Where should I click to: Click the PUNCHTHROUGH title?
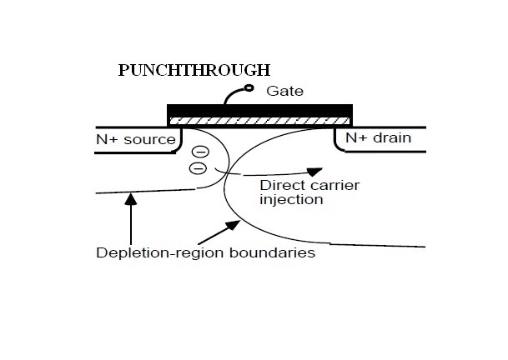coord(194,70)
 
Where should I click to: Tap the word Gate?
coord(284,91)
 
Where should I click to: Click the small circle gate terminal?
coord(249,87)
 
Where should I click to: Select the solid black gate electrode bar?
coord(259,111)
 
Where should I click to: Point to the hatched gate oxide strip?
coord(259,121)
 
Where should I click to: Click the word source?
coord(149,140)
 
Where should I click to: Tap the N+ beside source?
coord(107,139)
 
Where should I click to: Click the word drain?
coord(392,137)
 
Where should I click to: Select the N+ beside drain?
coord(356,137)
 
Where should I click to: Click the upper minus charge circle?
coord(200,152)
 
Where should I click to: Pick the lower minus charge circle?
coord(198,168)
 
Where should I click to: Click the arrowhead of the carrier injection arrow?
coord(314,172)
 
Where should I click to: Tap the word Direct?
coord(282,186)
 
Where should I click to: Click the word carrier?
coord(334,186)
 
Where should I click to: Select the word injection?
coord(291,200)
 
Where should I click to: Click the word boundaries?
coord(272,252)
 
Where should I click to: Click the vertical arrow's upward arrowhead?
coord(131,198)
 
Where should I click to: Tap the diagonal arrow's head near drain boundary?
coord(234,224)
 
